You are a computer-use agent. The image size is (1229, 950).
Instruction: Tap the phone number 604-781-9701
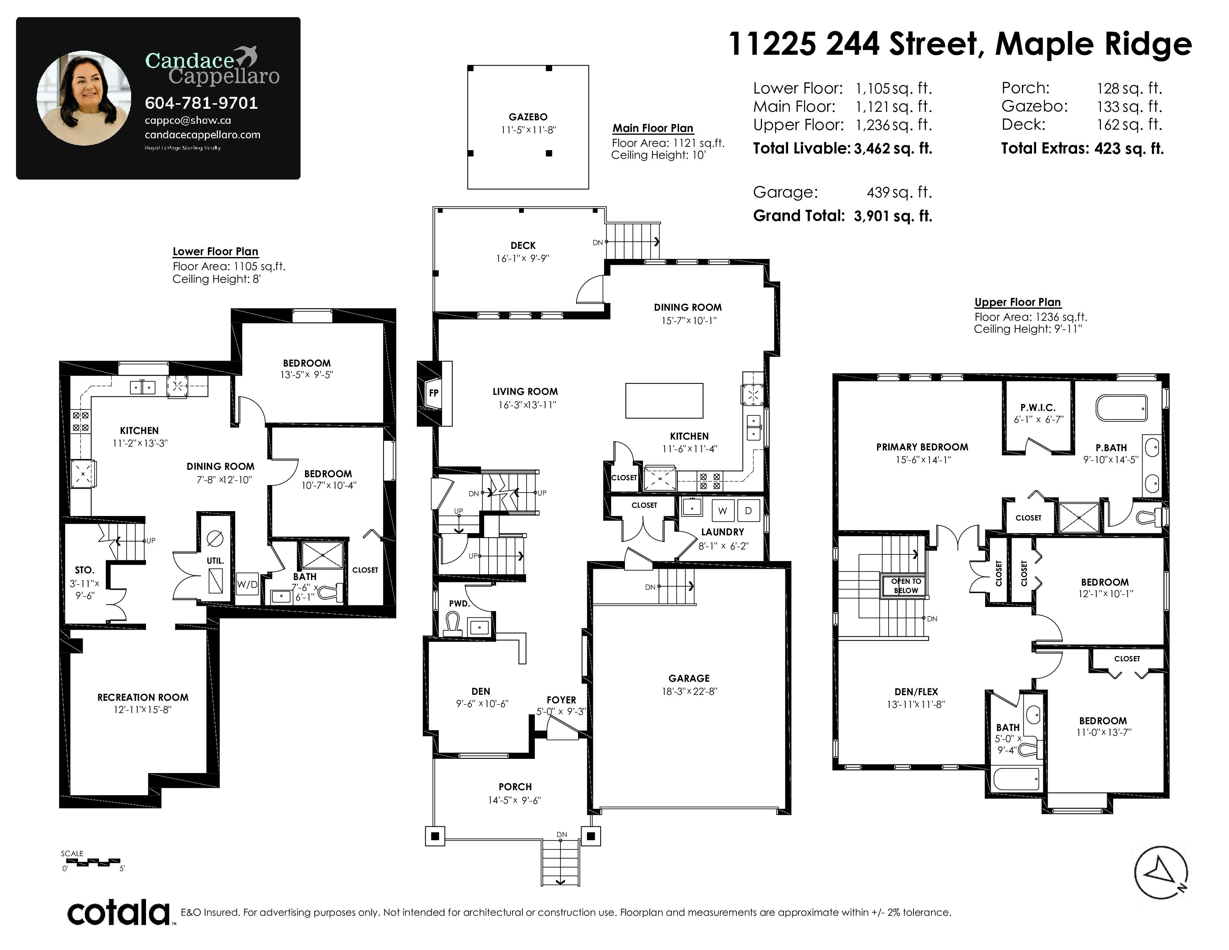201,103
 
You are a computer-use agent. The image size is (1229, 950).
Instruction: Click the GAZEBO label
528,117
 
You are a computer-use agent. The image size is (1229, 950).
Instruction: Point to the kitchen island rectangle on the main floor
664,401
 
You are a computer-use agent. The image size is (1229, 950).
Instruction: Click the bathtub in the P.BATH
1121,408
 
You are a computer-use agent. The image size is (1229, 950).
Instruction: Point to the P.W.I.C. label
1038,408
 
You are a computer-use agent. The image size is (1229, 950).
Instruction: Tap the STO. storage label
85,570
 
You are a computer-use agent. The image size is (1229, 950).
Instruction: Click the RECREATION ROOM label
143,697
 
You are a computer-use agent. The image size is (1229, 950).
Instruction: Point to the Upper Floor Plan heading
1017,302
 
